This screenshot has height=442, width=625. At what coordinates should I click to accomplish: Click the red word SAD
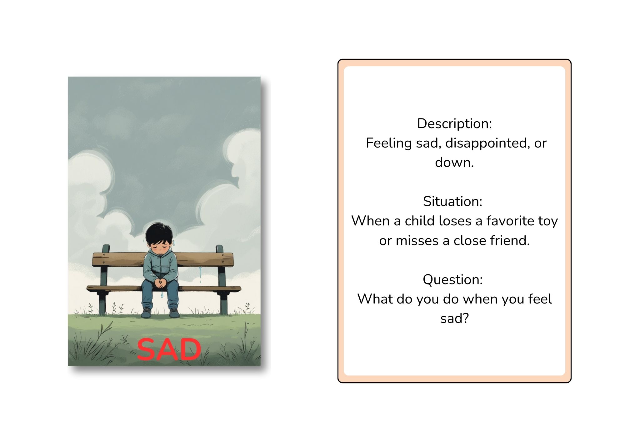[169, 349]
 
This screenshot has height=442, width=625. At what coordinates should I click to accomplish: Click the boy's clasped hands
[160, 283]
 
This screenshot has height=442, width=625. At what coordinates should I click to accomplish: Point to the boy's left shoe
[174, 312]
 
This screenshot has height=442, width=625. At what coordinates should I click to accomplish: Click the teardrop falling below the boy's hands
[162, 295]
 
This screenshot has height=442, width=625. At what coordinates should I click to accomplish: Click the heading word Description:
[454, 123]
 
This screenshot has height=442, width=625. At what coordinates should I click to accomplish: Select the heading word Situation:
[453, 201]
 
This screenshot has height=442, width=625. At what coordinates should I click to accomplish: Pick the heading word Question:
[453, 279]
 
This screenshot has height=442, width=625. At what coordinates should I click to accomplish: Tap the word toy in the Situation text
[548, 221]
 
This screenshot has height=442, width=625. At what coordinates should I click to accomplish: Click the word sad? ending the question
[455, 318]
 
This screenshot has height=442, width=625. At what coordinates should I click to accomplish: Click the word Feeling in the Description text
[389, 143]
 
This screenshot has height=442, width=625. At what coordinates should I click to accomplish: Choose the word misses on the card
[413, 241]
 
